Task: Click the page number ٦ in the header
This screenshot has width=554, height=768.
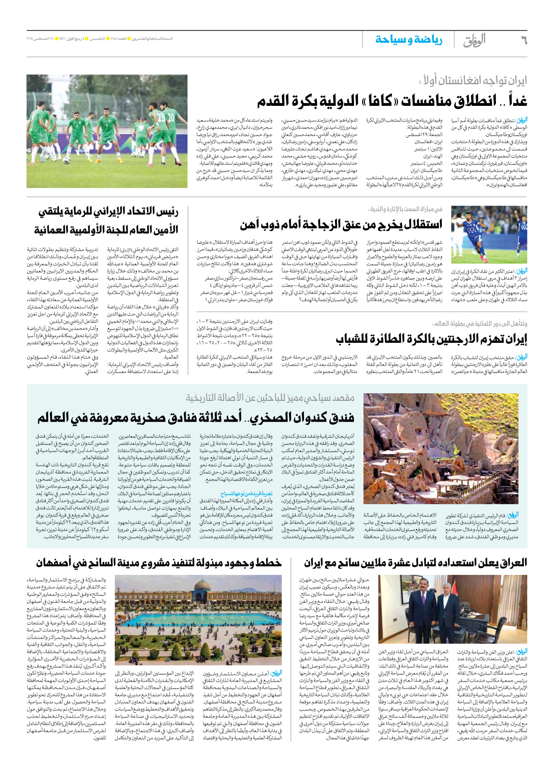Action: (523, 40)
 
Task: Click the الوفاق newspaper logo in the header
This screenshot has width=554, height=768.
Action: (474, 40)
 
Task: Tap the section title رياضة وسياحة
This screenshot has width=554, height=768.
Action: (409, 40)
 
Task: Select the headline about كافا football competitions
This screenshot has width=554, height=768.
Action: (392, 101)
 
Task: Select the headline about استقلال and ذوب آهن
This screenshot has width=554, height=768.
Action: (341, 225)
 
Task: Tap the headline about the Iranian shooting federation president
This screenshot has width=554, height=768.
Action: (106, 221)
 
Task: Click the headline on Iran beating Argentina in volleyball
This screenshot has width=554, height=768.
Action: (431, 339)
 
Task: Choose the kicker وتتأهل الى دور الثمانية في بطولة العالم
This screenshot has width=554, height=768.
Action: (480, 324)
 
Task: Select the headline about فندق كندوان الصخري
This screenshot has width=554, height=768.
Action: (195, 417)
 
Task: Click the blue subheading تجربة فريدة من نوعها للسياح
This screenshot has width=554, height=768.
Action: (246, 493)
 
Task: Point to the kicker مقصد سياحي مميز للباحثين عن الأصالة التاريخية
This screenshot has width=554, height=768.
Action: (270, 398)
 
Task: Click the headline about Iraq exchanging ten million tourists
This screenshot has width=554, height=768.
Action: (415, 562)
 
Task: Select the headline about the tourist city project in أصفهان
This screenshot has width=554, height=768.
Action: (159, 562)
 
